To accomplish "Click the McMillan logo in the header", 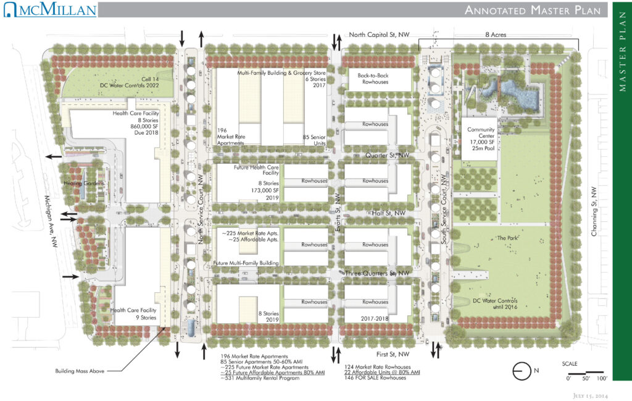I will pos(49,10).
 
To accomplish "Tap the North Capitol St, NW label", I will pos(379,35).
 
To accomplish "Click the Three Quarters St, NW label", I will pos(378,272).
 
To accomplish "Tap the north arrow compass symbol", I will pos(522,371).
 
